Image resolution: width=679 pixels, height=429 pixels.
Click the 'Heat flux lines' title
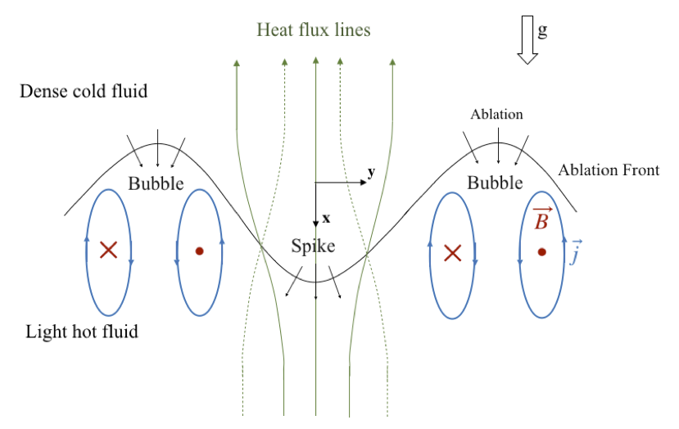[314, 30]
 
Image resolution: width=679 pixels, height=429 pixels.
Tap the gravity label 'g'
[542, 30]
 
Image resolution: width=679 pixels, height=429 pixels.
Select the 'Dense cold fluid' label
[84, 91]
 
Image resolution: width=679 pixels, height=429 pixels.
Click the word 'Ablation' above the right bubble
[496, 115]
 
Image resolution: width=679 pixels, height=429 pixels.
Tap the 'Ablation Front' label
[609, 170]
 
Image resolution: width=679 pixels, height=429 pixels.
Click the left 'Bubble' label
[156, 183]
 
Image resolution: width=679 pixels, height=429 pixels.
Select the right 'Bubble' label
[495, 183]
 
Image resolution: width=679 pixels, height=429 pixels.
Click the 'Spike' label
[313, 246]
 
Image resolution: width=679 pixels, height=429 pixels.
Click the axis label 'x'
[326, 219]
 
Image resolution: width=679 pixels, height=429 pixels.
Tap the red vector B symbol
[541, 219]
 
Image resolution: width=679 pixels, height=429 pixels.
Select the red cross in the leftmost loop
[108, 251]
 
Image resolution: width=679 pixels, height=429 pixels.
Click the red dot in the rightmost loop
[541, 252]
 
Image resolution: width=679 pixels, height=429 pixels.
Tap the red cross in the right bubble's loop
[452, 252]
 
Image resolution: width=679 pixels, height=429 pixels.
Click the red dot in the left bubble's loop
[199, 251]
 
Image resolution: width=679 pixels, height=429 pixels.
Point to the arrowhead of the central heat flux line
[315, 60]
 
